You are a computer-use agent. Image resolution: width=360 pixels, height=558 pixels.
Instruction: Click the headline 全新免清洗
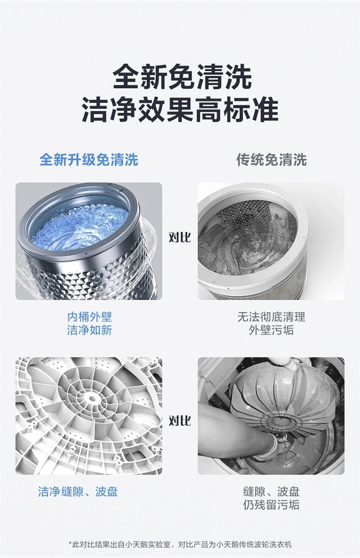[x=182, y=76]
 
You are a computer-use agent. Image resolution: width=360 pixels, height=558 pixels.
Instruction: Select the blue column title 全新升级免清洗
[x=89, y=160]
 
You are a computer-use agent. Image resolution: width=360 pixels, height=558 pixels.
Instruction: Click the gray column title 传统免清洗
[x=271, y=160]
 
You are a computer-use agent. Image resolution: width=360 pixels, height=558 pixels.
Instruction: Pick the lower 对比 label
[x=180, y=421]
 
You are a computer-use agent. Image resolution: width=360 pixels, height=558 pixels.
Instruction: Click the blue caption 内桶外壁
[x=89, y=317]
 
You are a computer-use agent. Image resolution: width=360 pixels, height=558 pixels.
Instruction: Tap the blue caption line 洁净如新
[x=89, y=330]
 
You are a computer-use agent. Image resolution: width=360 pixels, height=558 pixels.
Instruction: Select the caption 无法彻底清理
[x=271, y=317]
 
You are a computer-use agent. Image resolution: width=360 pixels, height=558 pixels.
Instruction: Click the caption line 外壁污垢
[x=271, y=330]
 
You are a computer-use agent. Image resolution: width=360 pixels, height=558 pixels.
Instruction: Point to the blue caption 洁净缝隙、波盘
[x=78, y=492]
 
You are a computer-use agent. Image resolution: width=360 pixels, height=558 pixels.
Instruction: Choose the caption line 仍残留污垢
[x=271, y=505]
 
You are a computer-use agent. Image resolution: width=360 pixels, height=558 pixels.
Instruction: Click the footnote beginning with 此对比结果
[x=180, y=545]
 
